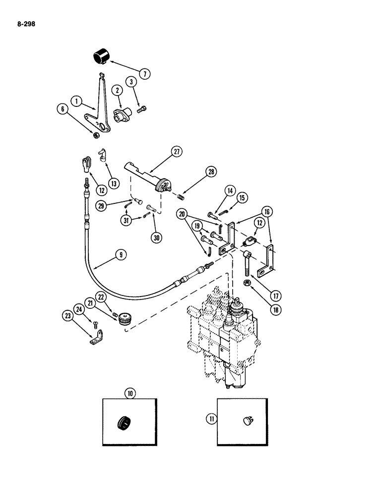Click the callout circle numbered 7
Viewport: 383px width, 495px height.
click(x=144, y=75)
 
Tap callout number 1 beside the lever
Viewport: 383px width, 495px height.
click(x=76, y=101)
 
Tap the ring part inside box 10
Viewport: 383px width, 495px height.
click(x=124, y=424)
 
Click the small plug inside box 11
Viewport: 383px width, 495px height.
click(x=247, y=420)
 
